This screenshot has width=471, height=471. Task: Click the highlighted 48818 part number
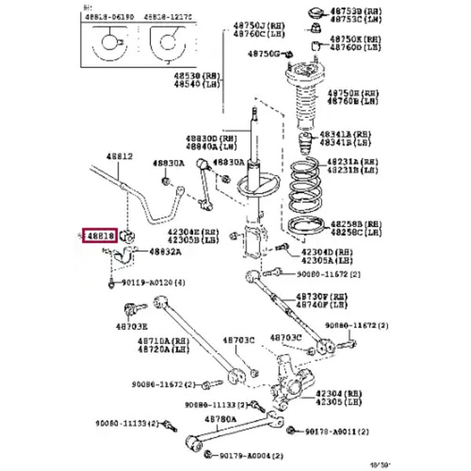coord(101,235)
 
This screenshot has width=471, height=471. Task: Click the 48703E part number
coord(133,325)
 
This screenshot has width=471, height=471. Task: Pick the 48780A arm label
coord(220,419)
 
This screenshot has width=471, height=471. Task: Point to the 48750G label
coord(264,53)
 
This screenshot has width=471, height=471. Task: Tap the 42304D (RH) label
coord(330,251)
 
